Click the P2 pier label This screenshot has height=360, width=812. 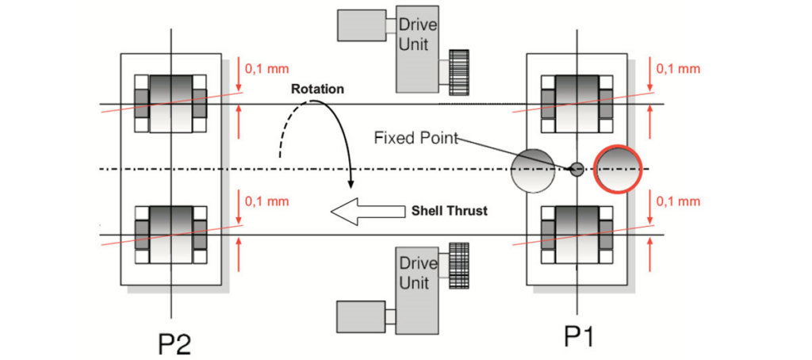175,343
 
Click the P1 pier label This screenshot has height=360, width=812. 579,338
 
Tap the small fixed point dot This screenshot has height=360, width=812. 576,169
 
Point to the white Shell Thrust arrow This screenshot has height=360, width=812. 367,212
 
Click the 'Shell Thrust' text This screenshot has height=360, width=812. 450,211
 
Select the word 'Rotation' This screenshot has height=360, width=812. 317,89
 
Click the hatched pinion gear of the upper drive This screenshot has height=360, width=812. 459,72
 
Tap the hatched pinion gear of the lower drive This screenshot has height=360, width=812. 459,265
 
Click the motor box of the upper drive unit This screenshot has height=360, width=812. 361,25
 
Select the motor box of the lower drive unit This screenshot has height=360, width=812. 361,316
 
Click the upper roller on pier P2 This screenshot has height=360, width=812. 171,104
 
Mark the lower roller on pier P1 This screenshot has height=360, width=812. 576,235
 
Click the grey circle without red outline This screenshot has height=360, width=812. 533,170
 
